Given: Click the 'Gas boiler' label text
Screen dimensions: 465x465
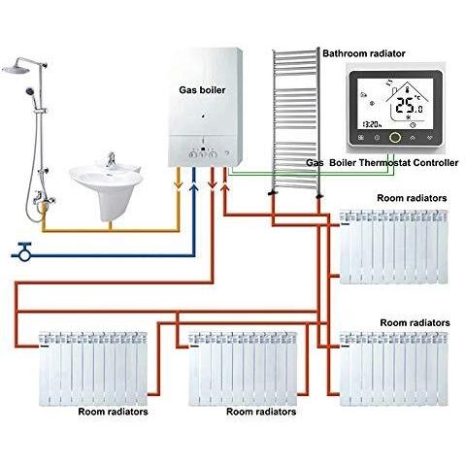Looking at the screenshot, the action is pos(202,90).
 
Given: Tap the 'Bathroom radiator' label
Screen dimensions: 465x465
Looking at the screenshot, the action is pos(364,53).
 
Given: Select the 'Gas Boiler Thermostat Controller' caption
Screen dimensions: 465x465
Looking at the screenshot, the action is pos(382,162).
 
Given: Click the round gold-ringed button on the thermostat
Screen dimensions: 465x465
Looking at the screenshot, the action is pos(395,138).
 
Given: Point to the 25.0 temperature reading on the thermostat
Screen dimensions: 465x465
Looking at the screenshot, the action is pos(410,106).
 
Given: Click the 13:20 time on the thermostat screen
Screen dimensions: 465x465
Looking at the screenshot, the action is pos(372,124).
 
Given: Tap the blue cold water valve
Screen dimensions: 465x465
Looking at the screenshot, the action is pos(24,251).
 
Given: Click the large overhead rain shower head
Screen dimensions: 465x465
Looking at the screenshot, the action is pos(16,69).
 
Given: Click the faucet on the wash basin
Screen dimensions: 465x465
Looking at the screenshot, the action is pos(111,159).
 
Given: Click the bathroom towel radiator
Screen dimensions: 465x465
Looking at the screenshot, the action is pos(295,119).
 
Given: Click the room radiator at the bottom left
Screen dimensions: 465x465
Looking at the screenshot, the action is pos(93,368).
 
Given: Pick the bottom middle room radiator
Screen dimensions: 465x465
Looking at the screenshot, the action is pos(243,368).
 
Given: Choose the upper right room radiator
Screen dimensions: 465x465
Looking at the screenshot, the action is pos(394,247).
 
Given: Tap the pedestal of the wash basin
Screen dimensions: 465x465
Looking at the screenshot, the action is pos(111,204).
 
